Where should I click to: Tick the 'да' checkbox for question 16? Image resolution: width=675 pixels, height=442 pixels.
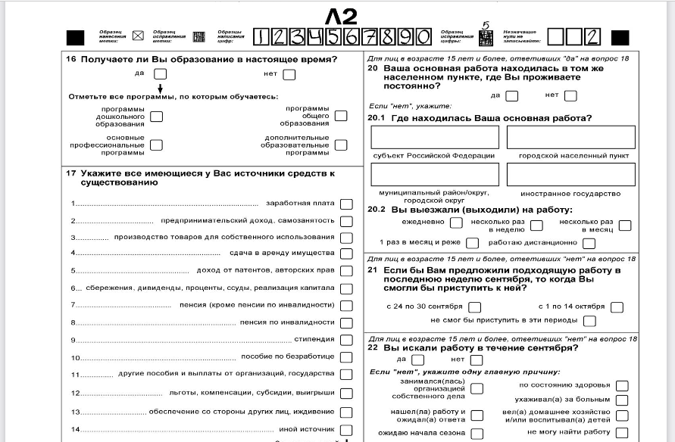tap(160, 74)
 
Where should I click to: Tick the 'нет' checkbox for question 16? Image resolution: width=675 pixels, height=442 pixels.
tap(289, 74)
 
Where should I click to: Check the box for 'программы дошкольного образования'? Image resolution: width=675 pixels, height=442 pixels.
tap(156, 117)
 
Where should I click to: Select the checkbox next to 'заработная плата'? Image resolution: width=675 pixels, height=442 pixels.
tap(346, 204)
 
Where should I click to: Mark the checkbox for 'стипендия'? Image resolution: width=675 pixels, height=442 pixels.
tap(346, 340)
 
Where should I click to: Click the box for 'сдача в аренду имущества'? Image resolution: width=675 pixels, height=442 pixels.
tap(346, 254)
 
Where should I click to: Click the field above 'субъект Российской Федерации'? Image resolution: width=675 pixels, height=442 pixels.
tap(435, 137)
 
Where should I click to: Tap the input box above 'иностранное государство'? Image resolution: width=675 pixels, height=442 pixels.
tap(570, 175)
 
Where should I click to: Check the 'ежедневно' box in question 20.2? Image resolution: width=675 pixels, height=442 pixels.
tap(456, 223)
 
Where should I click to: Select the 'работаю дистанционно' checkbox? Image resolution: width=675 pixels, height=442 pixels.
tap(588, 243)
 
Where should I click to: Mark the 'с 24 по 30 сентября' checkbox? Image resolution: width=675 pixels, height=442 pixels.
tap(474, 307)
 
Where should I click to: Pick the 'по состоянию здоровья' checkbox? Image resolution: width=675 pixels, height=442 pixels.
tap(621, 386)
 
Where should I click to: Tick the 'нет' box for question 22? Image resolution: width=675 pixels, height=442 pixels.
tap(477, 360)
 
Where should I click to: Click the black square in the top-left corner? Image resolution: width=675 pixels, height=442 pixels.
tap(76, 36)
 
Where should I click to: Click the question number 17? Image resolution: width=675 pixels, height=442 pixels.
tap(70, 173)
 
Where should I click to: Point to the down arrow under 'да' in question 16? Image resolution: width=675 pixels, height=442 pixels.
tap(160, 89)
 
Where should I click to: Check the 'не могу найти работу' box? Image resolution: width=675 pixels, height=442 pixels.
tap(621, 432)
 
